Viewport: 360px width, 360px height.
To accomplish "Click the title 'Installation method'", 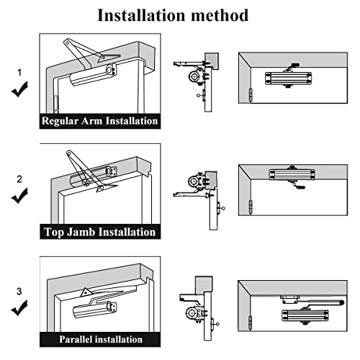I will [x=173, y=14].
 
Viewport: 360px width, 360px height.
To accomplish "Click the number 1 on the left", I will [x=19, y=73].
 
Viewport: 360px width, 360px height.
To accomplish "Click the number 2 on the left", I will [x=19, y=179].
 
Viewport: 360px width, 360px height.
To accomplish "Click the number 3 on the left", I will [x=19, y=292].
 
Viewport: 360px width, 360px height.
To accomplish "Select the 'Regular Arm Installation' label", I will [x=99, y=121].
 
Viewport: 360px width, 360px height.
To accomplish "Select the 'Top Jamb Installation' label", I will [x=99, y=232].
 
